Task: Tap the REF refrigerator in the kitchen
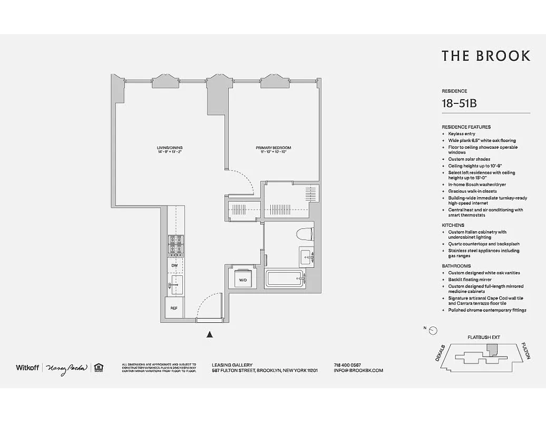[x=173, y=308]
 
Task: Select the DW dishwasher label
[x=173, y=265]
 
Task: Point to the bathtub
[x=285, y=279]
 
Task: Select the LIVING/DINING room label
[x=169, y=147]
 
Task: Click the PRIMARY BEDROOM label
[x=274, y=148]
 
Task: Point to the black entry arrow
[x=210, y=334]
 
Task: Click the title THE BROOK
[x=485, y=56]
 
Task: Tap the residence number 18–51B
[x=459, y=104]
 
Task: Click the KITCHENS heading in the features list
[x=453, y=225]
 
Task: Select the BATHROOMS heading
[x=456, y=266]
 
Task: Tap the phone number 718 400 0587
[x=347, y=365]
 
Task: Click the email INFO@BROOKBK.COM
[x=358, y=370]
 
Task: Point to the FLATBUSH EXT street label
[x=483, y=337]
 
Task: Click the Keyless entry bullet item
[x=462, y=134]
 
